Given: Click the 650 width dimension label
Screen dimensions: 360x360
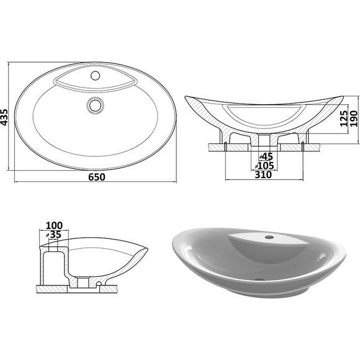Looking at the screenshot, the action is click(97, 177).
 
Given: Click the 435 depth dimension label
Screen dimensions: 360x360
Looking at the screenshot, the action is click(4, 117).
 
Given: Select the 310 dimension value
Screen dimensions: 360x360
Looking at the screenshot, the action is click(263, 175).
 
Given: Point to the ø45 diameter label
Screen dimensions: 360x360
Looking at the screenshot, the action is click(266, 156).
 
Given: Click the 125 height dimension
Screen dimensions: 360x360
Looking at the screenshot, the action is click(344, 119).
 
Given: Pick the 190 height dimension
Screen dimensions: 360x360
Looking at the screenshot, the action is click(354, 119).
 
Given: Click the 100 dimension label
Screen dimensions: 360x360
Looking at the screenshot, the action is click(54, 225).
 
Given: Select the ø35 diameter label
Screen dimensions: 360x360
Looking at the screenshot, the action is click(53, 235).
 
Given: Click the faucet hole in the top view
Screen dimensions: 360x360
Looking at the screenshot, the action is click(95, 75).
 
